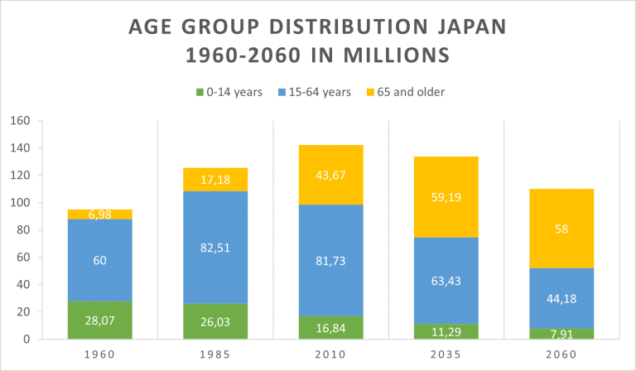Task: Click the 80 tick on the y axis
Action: (x=23, y=230)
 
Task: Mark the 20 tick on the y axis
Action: (x=23, y=312)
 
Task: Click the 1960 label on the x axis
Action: (x=99, y=354)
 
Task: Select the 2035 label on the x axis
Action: (x=446, y=354)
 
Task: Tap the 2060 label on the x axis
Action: (x=562, y=354)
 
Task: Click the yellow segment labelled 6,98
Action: (x=99, y=214)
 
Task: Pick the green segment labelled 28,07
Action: (x=99, y=320)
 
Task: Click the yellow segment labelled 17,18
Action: (x=215, y=180)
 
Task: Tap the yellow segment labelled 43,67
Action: (x=331, y=175)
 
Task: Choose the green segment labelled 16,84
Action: (x=331, y=328)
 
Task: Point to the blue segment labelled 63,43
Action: (x=446, y=281)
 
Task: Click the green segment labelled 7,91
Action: (x=562, y=335)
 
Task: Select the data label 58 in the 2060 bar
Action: (x=562, y=229)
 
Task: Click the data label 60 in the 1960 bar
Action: (x=99, y=261)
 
